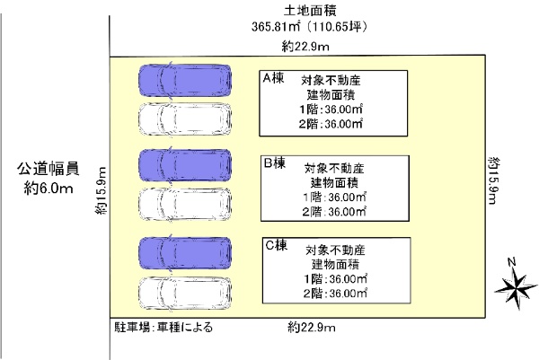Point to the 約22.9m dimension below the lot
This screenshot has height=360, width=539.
(x=311, y=326)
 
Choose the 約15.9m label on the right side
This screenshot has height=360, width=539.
(x=493, y=180)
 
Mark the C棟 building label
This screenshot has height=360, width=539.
(x=274, y=243)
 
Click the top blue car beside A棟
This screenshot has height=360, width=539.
(x=183, y=80)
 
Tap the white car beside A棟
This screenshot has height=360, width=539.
(x=183, y=117)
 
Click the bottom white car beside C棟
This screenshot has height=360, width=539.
(x=183, y=292)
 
